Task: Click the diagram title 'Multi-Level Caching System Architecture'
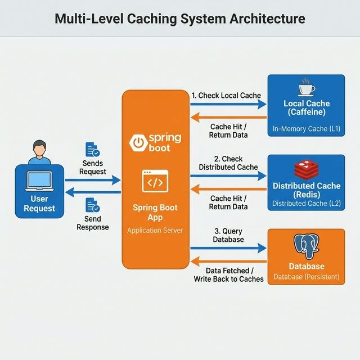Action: pos(180,19)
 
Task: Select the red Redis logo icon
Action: pos(307,169)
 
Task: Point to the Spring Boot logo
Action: pos(155,143)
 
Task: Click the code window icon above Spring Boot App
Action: pos(155,182)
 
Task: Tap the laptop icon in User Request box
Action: pos(39,181)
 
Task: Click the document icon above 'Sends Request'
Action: pos(92,150)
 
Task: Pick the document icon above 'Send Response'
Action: pos(92,205)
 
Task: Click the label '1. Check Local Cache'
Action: pos(226,96)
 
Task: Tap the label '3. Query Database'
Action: pos(228,235)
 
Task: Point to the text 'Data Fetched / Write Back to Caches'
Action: pos(228,274)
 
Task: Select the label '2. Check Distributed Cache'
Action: pos(228,163)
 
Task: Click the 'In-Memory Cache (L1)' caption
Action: pos(307,129)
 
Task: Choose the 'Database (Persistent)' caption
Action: pos(307,277)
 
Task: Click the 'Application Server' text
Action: pos(155,230)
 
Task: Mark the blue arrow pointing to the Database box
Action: pos(228,247)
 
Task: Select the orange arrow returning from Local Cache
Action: pos(228,118)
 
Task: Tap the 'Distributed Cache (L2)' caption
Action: pos(307,203)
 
